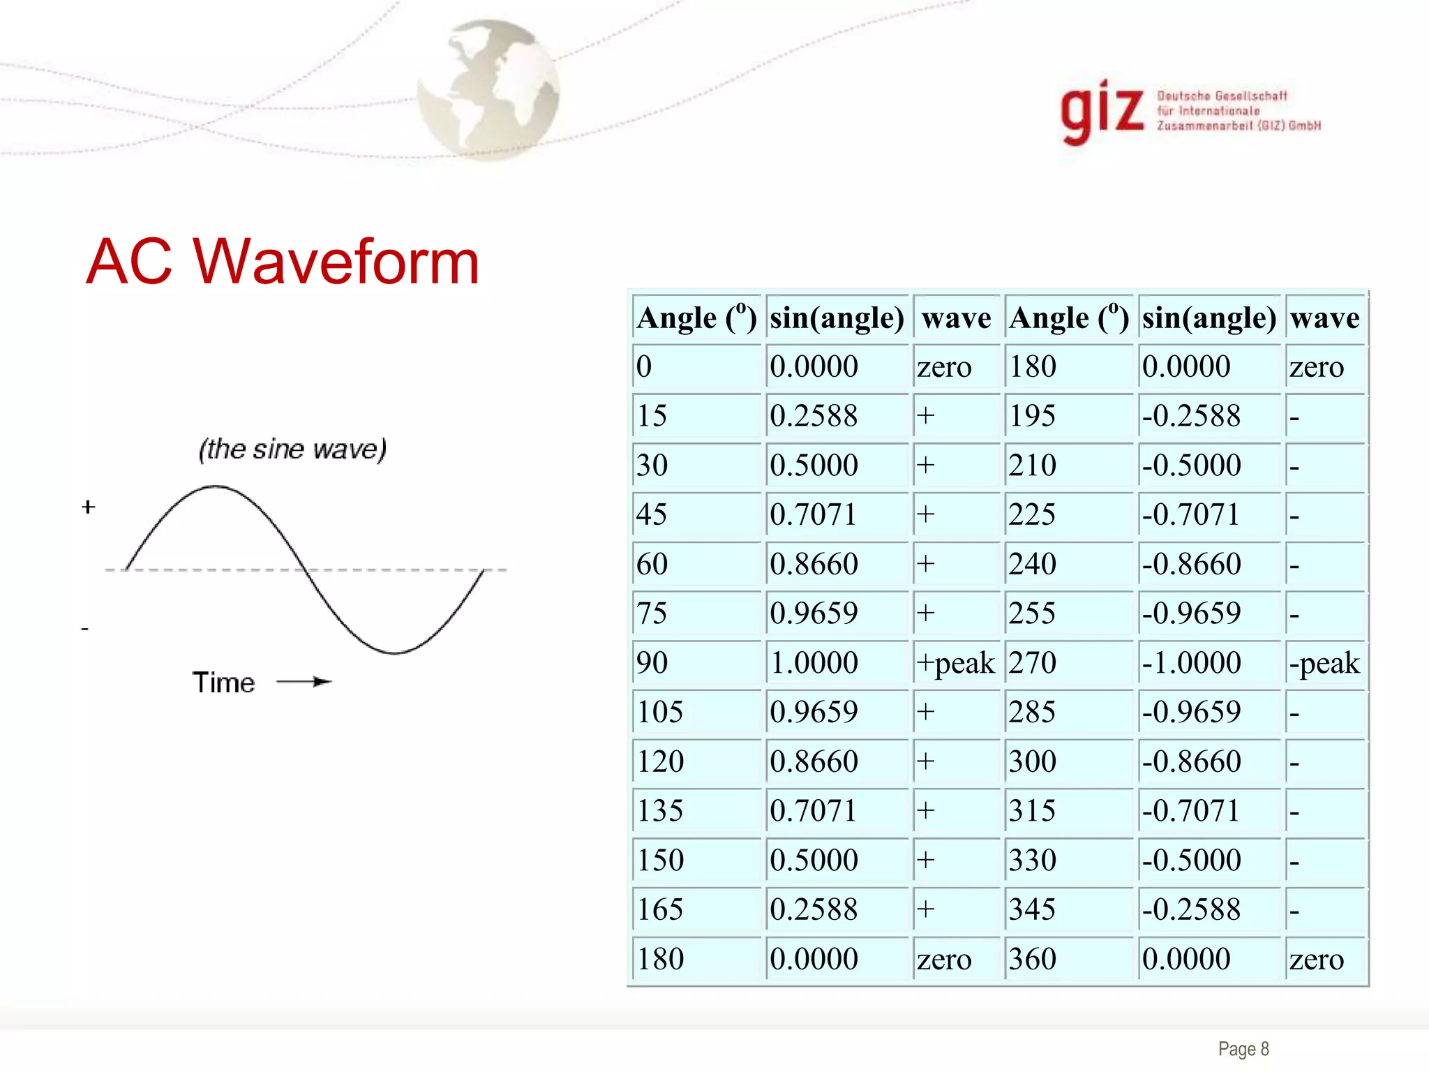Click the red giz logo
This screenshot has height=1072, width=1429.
pyautogui.click(x=1102, y=112)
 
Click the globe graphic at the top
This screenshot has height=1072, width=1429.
pyautogui.click(x=489, y=89)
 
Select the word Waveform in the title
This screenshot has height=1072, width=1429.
pyautogui.click(x=336, y=262)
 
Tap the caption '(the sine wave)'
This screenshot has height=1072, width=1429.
pyautogui.click(x=292, y=449)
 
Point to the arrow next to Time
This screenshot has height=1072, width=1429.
pyautogui.click(x=304, y=682)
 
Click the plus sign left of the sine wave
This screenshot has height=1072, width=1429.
pyautogui.click(x=88, y=507)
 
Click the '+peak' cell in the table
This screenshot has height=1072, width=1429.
pyautogui.click(x=955, y=663)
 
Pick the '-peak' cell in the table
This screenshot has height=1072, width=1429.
pyautogui.click(x=1324, y=663)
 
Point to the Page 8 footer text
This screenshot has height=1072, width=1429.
pyautogui.click(x=1243, y=1049)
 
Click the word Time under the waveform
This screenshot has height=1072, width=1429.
pyautogui.click(x=223, y=683)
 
